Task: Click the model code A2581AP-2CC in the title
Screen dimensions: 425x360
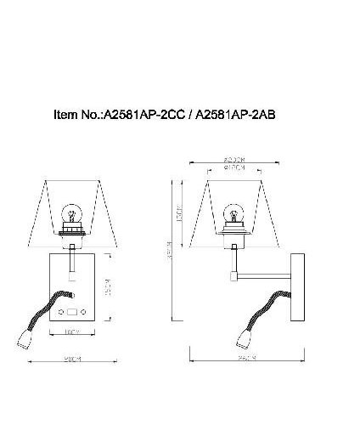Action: tap(146, 113)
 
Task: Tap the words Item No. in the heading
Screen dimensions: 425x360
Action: tap(76, 113)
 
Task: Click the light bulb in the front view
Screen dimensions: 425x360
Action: tap(72, 213)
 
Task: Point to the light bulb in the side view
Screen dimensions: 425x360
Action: tap(229, 213)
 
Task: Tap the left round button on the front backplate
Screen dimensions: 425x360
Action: tap(63, 312)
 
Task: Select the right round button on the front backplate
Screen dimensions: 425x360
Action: tap(85, 312)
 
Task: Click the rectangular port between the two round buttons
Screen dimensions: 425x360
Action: tap(74, 312)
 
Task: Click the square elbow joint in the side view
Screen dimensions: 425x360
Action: tap(231, 275)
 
